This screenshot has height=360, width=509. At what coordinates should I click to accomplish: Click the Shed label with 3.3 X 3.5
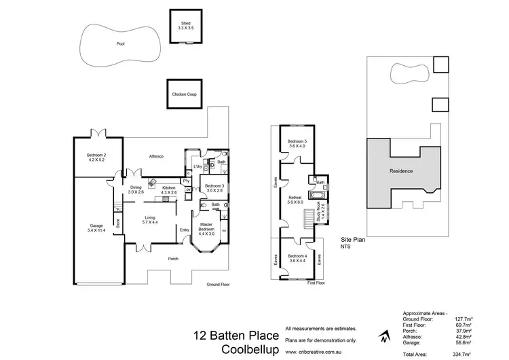point(185,26)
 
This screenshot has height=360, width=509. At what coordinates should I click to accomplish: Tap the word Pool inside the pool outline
point(120,43)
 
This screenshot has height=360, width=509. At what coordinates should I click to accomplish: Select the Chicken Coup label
point(185,94)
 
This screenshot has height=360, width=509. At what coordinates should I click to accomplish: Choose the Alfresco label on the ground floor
point(157,156)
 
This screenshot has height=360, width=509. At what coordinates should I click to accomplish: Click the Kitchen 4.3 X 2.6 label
point(168,190)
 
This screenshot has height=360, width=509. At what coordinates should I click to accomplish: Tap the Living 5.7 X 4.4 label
point(149,220)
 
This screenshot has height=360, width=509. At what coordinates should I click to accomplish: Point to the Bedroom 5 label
point(297,143)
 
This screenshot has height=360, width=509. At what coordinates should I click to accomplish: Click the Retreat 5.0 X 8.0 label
point(295,200)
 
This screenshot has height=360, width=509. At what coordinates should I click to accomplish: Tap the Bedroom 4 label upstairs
point(297,258)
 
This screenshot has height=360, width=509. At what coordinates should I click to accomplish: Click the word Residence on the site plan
point(400,171)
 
